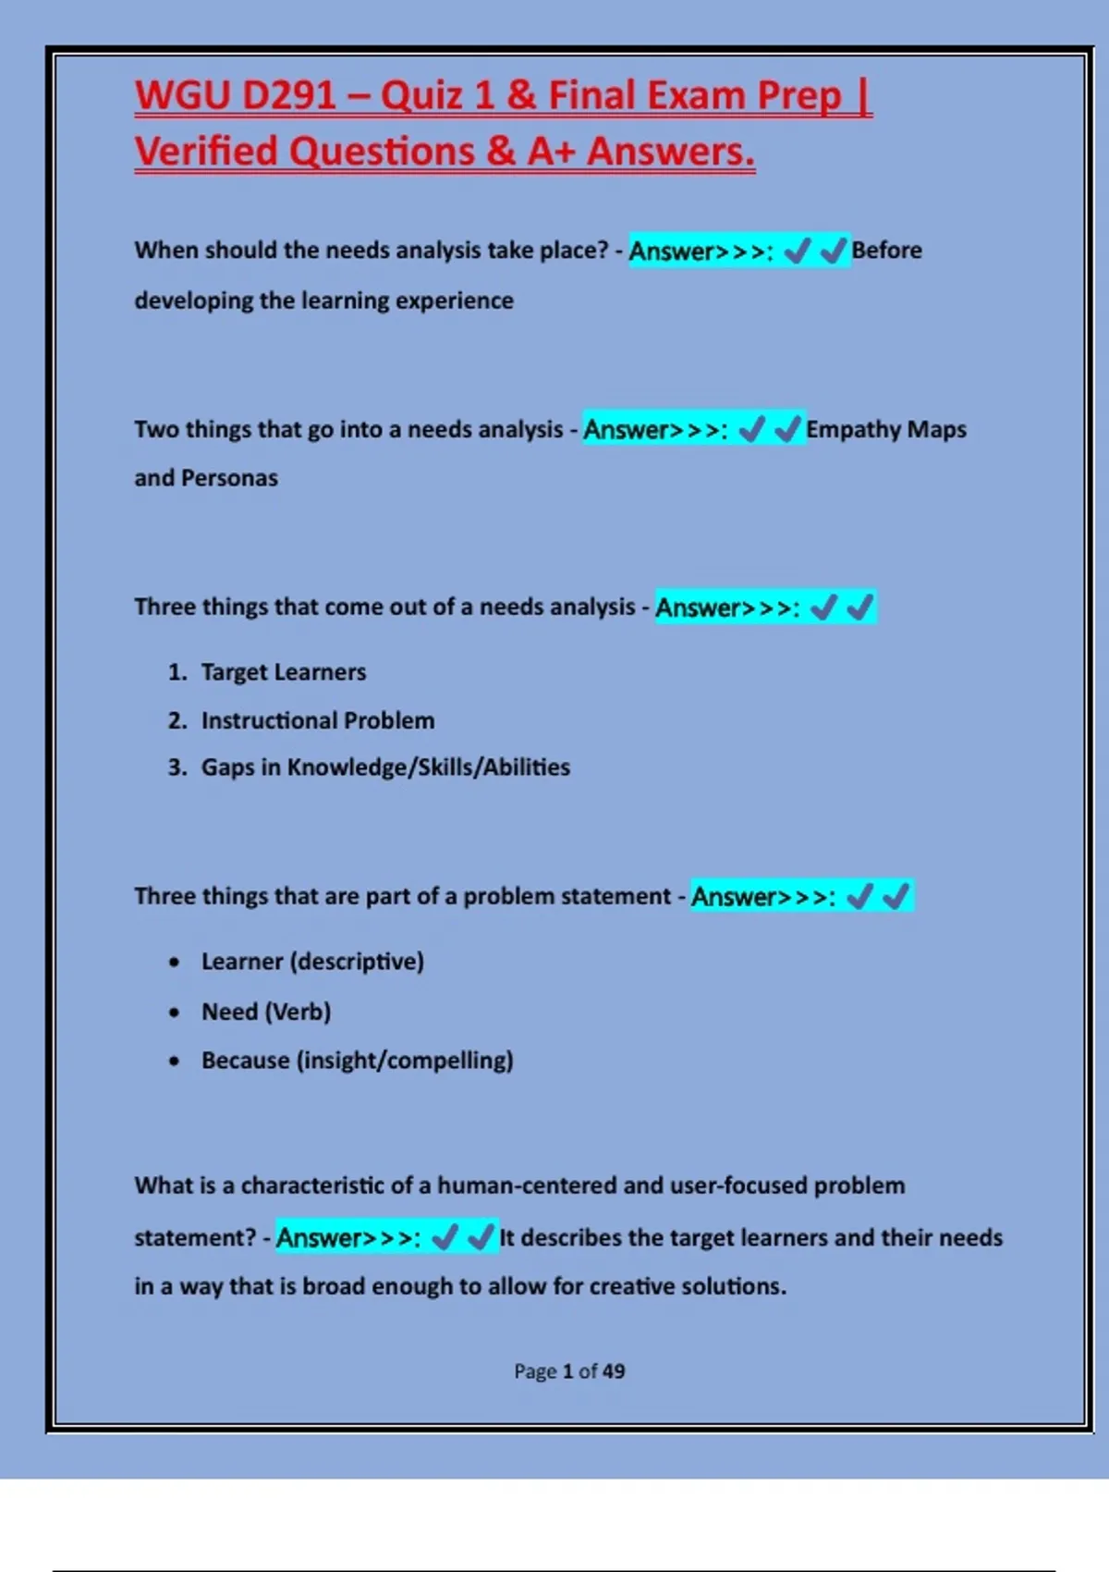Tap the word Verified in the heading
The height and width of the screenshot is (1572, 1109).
pos(206,152)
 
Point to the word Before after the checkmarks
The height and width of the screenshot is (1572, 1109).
pos(886,251)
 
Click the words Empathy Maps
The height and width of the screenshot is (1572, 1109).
pos(885,429)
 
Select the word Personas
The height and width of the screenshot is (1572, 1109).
pos(229,478)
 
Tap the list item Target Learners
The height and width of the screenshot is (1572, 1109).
pos(284,672)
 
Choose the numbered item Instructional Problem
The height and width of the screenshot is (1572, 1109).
pos(318,720)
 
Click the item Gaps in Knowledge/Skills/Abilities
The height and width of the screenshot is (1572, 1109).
pos(385,768)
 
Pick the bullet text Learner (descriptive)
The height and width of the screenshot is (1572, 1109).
pos(312,962)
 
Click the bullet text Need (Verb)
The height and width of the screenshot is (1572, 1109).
pos(266,1012)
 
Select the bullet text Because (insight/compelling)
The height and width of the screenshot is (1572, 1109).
pos(357,1061)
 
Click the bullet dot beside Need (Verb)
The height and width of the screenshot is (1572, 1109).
pos(175,1013)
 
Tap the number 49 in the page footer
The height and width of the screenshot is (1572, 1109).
pos(614,1371)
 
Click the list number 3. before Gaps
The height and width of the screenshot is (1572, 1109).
pos(177,768)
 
